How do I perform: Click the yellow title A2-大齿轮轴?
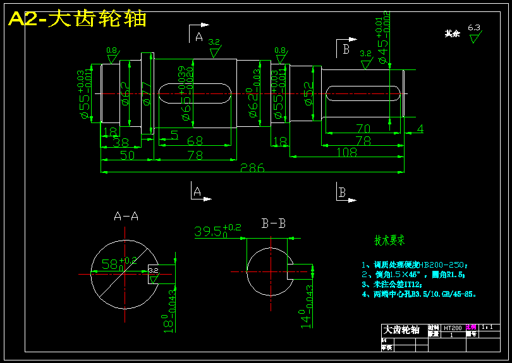click(x=78, y=19)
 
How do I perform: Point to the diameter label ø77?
click(x=145, y=93)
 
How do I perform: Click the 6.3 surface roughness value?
click(x=474, y=28)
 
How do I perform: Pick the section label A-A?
click(x=126, y=217)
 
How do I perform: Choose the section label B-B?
click(x=273, y=223)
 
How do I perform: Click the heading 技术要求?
click(x=389, y=241)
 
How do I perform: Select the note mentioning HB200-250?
click(x=418, y=265)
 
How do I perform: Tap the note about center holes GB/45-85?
click(x=419, y=294)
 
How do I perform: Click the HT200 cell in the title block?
click(x=452, y=328)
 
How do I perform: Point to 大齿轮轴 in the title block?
click(x=402, y=330)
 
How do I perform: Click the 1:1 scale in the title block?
click(x=487, y=327)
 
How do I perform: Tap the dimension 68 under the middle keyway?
click(x=195, y=141)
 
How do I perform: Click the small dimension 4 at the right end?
click(x=420, y=129)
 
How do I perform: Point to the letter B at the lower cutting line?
click(x=341, y=192)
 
